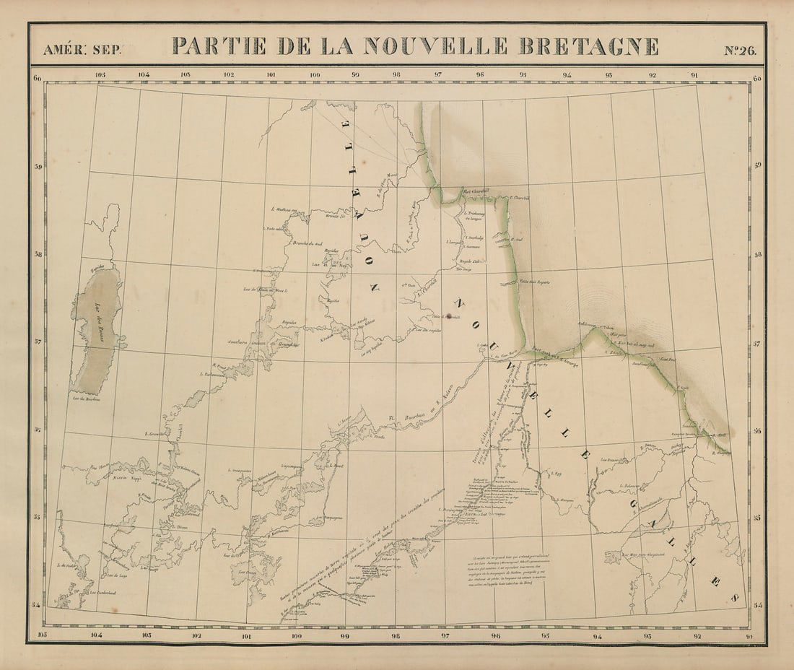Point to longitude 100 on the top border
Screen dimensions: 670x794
[315, 74]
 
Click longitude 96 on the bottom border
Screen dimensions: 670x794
[495, 636]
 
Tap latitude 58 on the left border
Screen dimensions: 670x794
[38, 255]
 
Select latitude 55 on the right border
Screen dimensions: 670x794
[757, 518]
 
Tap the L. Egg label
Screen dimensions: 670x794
[556, 474]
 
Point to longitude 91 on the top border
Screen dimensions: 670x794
[694, 74]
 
